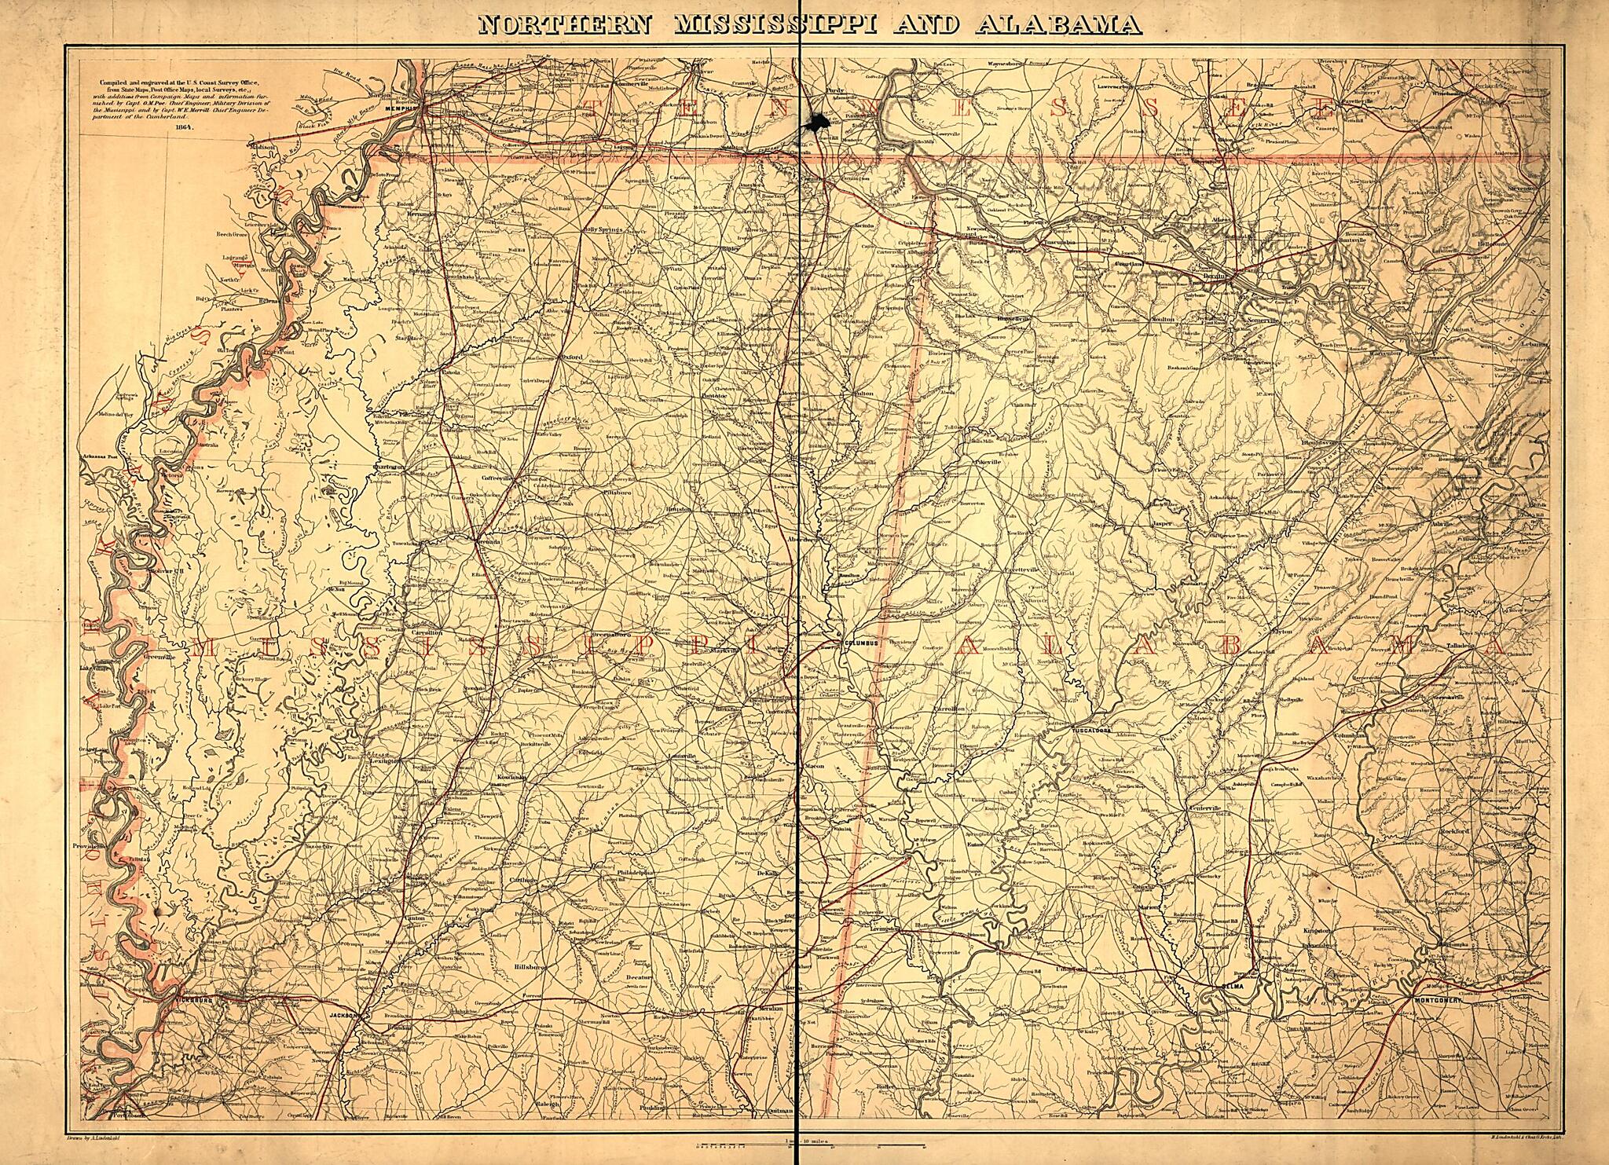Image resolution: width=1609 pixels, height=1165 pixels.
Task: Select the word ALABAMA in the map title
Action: click(x=1059, y=25)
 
